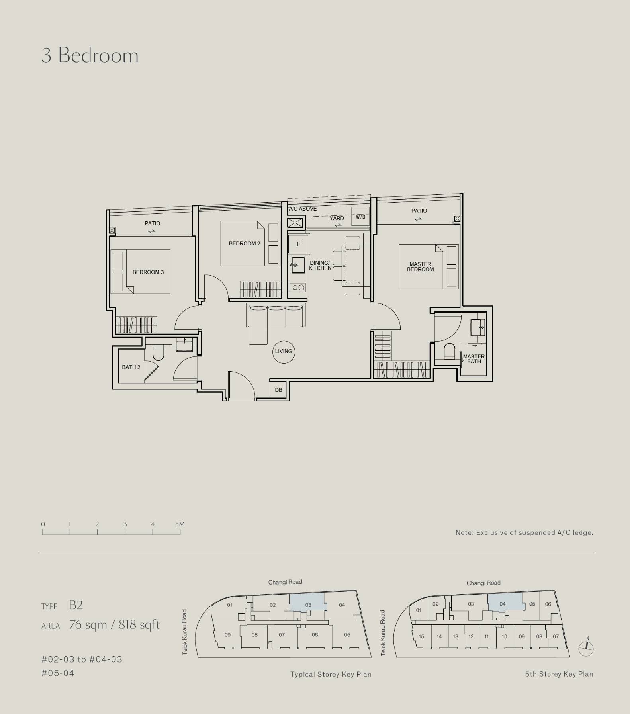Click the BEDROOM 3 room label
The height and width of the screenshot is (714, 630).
pyautogui.click(x=148, y=272)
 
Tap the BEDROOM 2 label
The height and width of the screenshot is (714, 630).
pyautogui.click(x=245, y=244)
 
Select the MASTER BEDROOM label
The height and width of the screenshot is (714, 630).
pyautogui.click(x=420, y=267)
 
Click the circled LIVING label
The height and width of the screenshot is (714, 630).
pyautogui.click(x=284, y=352)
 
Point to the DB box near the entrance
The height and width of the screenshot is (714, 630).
pyautogui.click(x=278, y=390)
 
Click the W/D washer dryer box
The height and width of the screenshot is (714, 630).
pyautogui.click(x=360, y=217)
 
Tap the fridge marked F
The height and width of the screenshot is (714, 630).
pyautogui.click(x=298, y=244)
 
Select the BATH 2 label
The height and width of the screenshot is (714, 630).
pyautogui.click(x=131, y=367)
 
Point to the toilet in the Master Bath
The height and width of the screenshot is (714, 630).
pyautogui.click(x=449, y=351)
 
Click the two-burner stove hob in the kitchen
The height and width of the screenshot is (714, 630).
pyautogui.click(x=298, y=287)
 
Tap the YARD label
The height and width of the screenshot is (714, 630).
pyautogui.click(x=337, y=218)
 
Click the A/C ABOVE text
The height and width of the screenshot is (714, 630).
pyautogui.click(x=303, y=209)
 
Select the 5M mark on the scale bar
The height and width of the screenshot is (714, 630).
pyautogui.click(x=180, y=524)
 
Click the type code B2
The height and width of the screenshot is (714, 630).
pyautogui.click(x=76, y=605)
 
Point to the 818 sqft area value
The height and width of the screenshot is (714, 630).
pyautogui.click(x=139, y=625)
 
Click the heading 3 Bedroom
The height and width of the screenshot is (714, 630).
pyautogui.click(x=90, y=55)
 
